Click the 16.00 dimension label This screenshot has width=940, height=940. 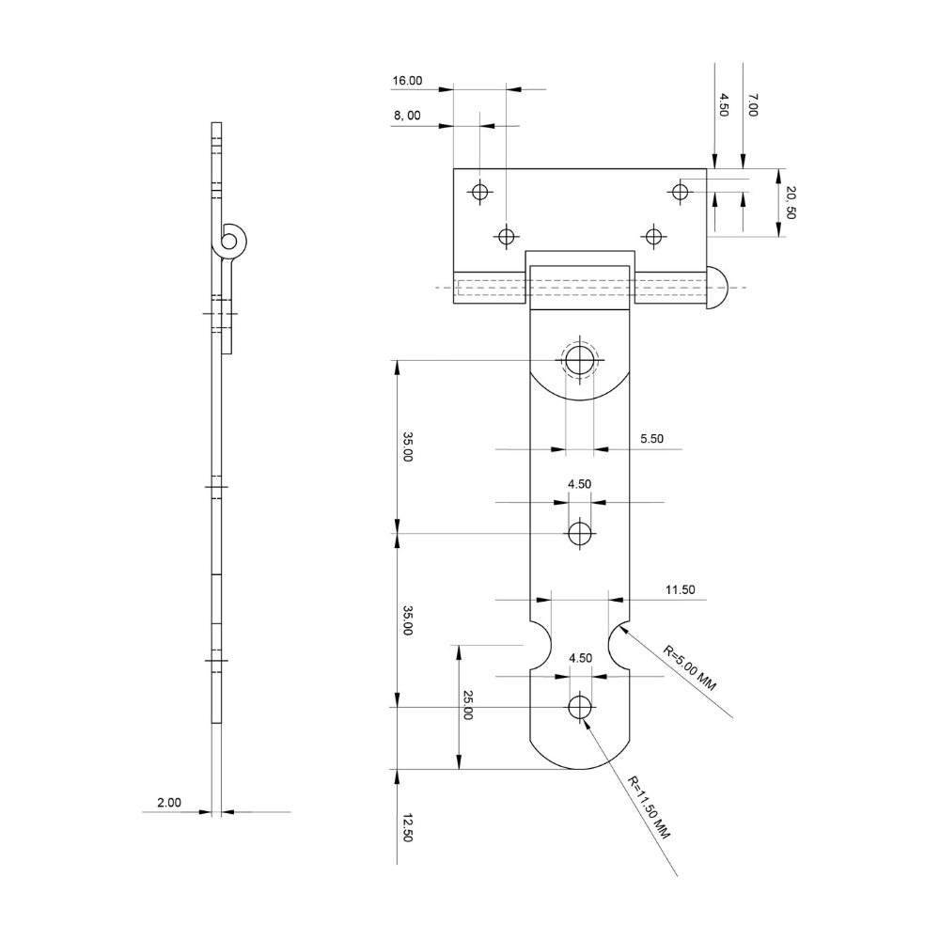[407, 82]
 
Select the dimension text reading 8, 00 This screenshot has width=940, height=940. [407, 116]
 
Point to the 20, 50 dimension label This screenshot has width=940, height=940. [791, 203]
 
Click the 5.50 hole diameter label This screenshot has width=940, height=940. [651, 438]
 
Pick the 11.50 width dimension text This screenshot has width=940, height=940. [680, 590]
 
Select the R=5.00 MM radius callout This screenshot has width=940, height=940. [689, 668]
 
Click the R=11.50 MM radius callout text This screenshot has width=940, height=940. [650, 808]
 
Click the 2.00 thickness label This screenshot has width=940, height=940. [169, 803]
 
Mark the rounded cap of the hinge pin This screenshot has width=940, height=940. [718, 287]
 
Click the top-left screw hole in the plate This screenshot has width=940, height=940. [480, 192]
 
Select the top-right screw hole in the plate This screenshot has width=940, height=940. [680, 192]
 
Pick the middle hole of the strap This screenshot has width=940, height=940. [580, 534]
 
